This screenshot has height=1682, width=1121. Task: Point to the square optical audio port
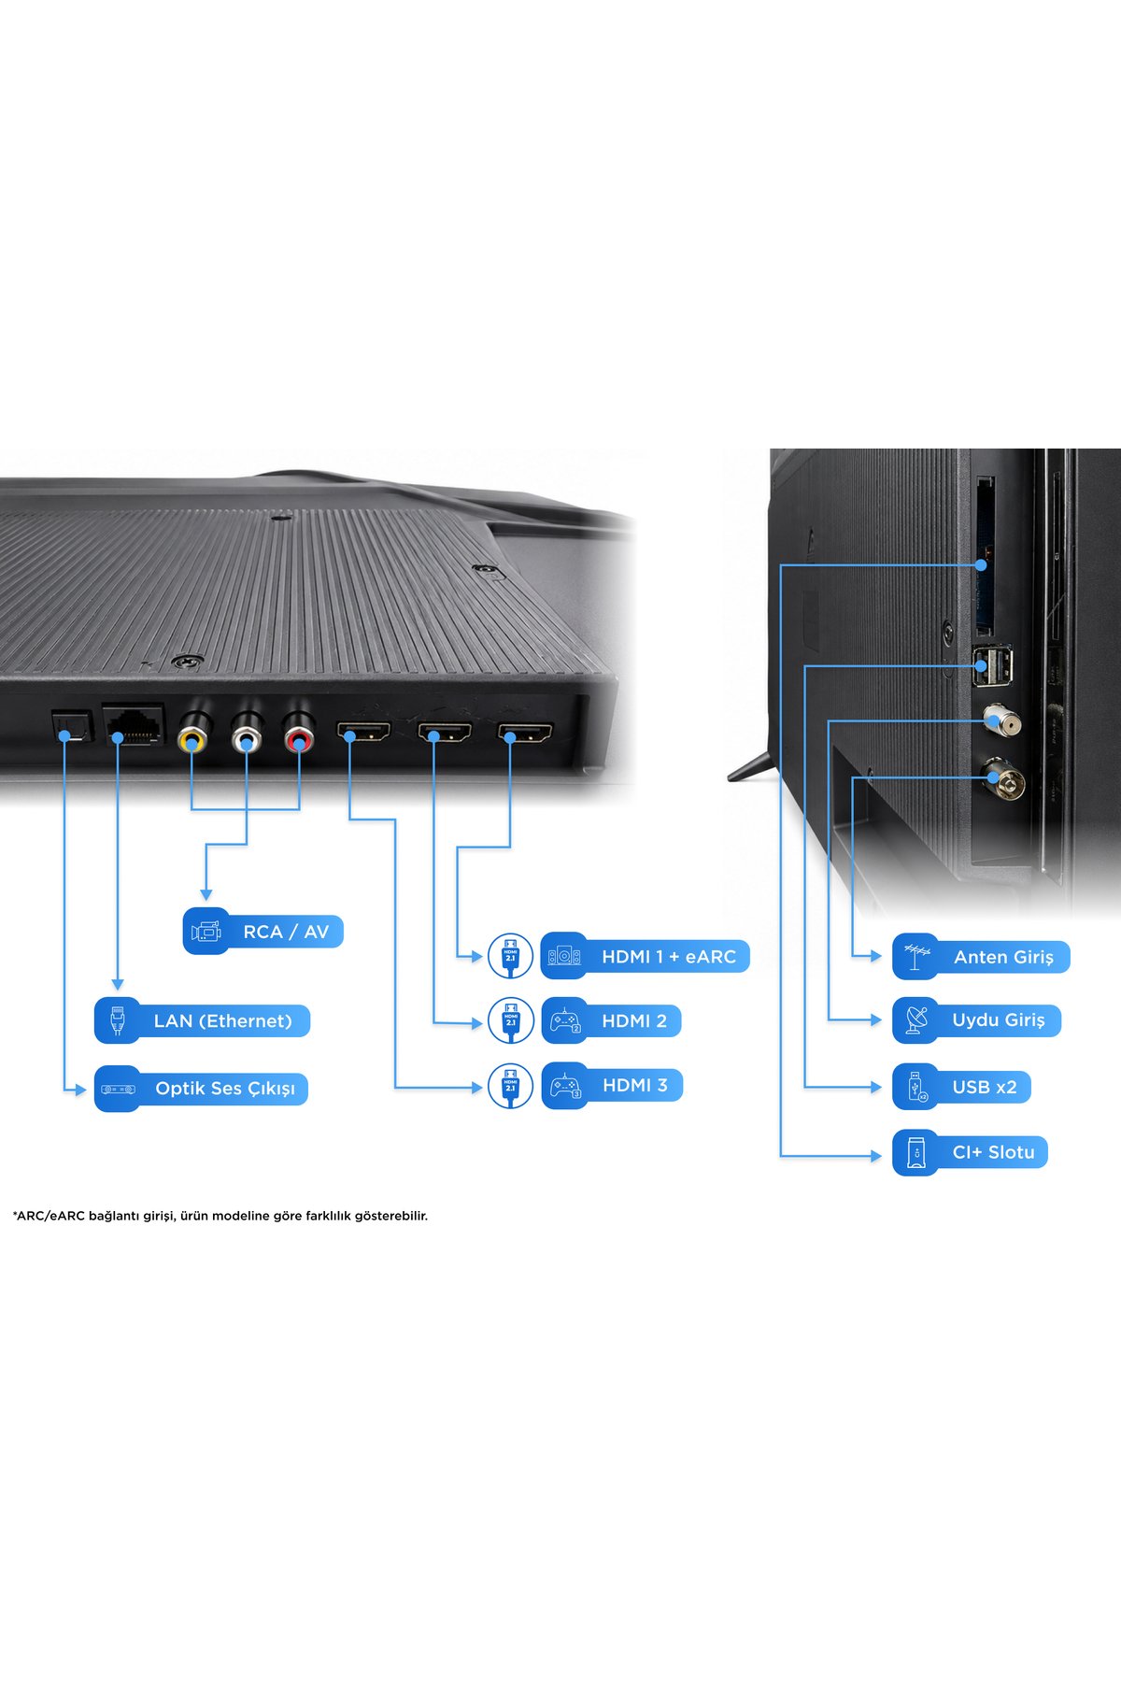tap(71, 726)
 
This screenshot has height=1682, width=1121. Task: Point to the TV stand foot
tap(752, 766)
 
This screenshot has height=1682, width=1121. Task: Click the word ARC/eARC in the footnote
tap(48, 1216)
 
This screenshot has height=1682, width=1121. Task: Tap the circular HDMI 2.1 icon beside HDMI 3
tap(510, 1086)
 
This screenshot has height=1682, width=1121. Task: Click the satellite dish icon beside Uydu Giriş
tap(916, 1020)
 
